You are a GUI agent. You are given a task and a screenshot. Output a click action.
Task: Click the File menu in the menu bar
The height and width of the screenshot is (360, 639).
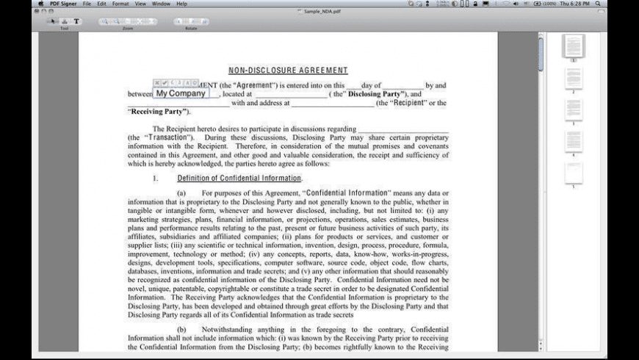[x=87, y=4]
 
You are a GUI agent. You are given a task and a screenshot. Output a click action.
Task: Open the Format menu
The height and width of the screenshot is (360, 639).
[x=120, y=4]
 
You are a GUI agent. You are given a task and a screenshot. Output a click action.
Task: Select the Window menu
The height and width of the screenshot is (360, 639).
[x=160, y=4]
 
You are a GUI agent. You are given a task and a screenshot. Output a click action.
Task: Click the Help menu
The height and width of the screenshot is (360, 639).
[x=181, y=4]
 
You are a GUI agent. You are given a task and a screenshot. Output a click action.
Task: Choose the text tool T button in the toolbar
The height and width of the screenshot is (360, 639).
[x=76, y=21]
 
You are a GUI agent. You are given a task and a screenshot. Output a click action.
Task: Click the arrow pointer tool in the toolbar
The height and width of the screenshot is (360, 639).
[x=52, y=21]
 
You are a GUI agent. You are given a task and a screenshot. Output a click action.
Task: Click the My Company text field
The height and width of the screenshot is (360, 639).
[x=181, y=93]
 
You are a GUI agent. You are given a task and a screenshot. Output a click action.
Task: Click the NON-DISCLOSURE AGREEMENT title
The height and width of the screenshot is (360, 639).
[x=288, y=71]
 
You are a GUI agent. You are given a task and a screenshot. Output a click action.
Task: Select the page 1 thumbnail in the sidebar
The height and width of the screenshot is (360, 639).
[x=574, y=46]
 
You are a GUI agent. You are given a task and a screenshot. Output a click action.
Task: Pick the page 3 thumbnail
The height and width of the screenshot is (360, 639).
[x=574, y=109]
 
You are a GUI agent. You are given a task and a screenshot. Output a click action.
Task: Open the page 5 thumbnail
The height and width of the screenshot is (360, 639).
[x=574, y=173]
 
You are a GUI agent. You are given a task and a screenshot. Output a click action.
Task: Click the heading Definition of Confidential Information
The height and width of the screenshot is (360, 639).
[x=239, y=179]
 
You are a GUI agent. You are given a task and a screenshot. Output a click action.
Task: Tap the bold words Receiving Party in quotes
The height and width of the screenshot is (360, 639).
[x=158, y=112]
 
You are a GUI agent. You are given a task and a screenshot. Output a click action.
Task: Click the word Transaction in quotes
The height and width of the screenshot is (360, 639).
[x=168, y=137]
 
